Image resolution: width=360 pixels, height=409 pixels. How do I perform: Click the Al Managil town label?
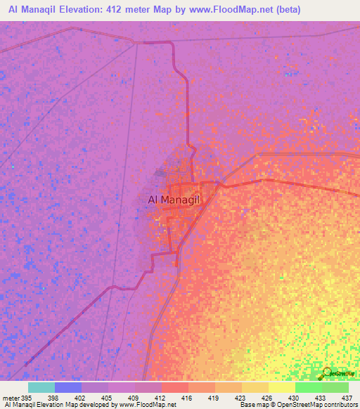tap(174, 200)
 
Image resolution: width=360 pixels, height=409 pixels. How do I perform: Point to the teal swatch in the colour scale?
tap(41, 387)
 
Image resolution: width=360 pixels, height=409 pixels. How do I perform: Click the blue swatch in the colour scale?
tap(68, 387)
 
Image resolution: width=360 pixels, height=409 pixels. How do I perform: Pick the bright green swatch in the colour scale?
tap(308, 387)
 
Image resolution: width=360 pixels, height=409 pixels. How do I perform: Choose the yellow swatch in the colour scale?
tap(281, 387)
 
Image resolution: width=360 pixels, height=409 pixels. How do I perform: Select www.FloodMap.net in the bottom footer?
tap(147, 405)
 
